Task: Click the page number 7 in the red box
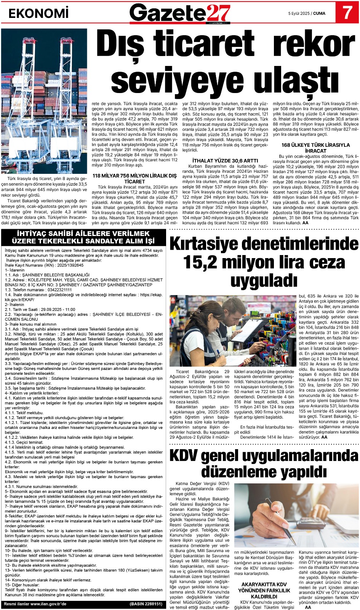click(347, 13)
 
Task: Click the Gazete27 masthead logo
click(180, 13)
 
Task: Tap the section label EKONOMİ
click(38, 13)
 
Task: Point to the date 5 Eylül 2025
click(299, 13)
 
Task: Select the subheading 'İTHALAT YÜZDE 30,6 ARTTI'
click(225, 161)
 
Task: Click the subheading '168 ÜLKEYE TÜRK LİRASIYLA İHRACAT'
click(315, 148)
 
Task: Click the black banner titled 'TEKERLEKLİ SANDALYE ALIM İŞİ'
click(83, 237)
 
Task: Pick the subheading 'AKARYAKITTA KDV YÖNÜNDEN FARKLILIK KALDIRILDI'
click(264, 590)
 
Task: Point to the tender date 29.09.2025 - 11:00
click(56, 310)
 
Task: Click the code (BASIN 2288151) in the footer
click(146, 604)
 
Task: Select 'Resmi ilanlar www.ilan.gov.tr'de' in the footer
click(35, 604)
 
